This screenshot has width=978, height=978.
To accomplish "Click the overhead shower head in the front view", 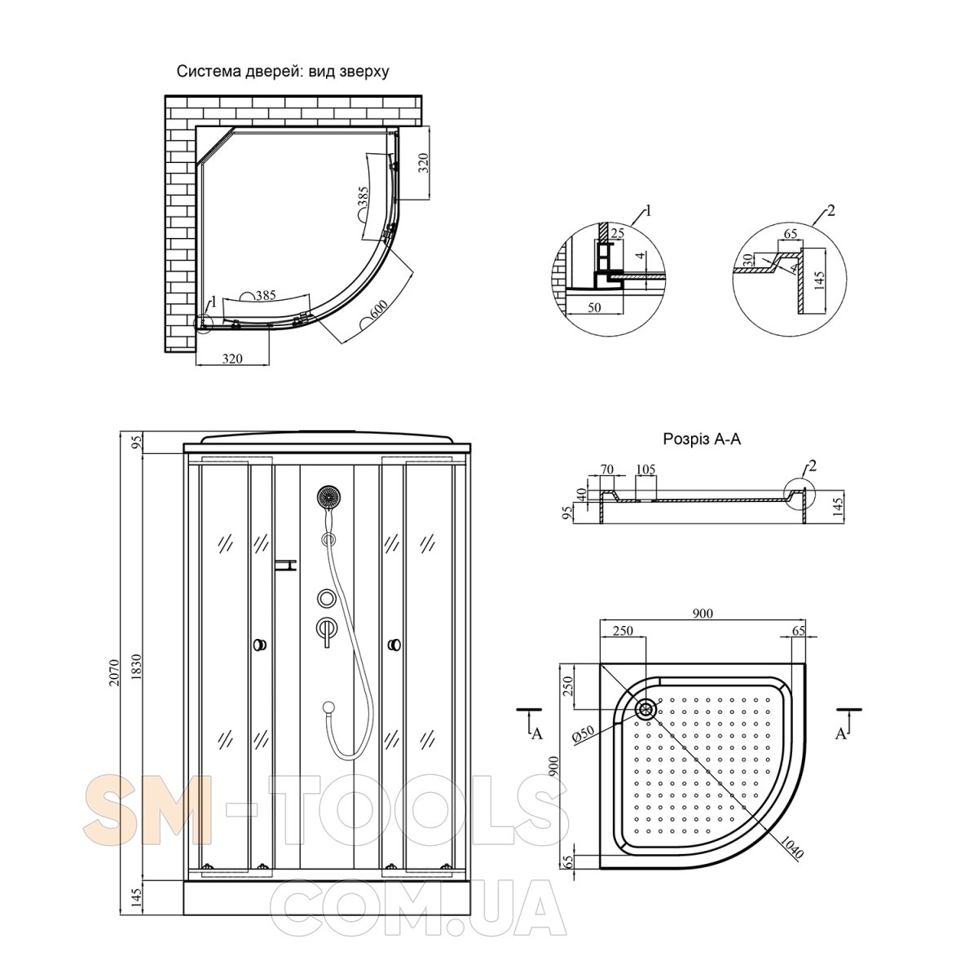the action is pos(328,497).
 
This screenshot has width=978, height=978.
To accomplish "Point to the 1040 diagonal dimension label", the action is pos(791,847).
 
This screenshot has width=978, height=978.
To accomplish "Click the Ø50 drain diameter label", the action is pos(583,734).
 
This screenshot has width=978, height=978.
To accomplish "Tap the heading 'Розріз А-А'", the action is pos(702,438).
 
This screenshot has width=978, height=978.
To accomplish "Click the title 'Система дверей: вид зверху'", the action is pos(283,72).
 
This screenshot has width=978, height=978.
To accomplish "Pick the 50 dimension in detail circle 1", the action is pos(594,307).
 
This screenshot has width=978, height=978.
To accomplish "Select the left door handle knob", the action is pos(260,645).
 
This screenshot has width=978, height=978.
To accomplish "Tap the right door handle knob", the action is pos(394,645).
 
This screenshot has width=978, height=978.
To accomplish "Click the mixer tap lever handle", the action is pos(325,632).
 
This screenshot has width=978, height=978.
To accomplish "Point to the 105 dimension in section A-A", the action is pos(645,469).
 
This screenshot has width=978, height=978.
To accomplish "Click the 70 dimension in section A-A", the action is pos(607,469).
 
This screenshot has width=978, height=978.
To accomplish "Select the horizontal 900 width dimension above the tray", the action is pos(703,614).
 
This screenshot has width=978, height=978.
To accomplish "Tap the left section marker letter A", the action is pos(537,733).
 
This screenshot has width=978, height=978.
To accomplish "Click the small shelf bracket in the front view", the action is pos(285,565).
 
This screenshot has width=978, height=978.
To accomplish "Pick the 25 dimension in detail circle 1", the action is pos(617,233).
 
